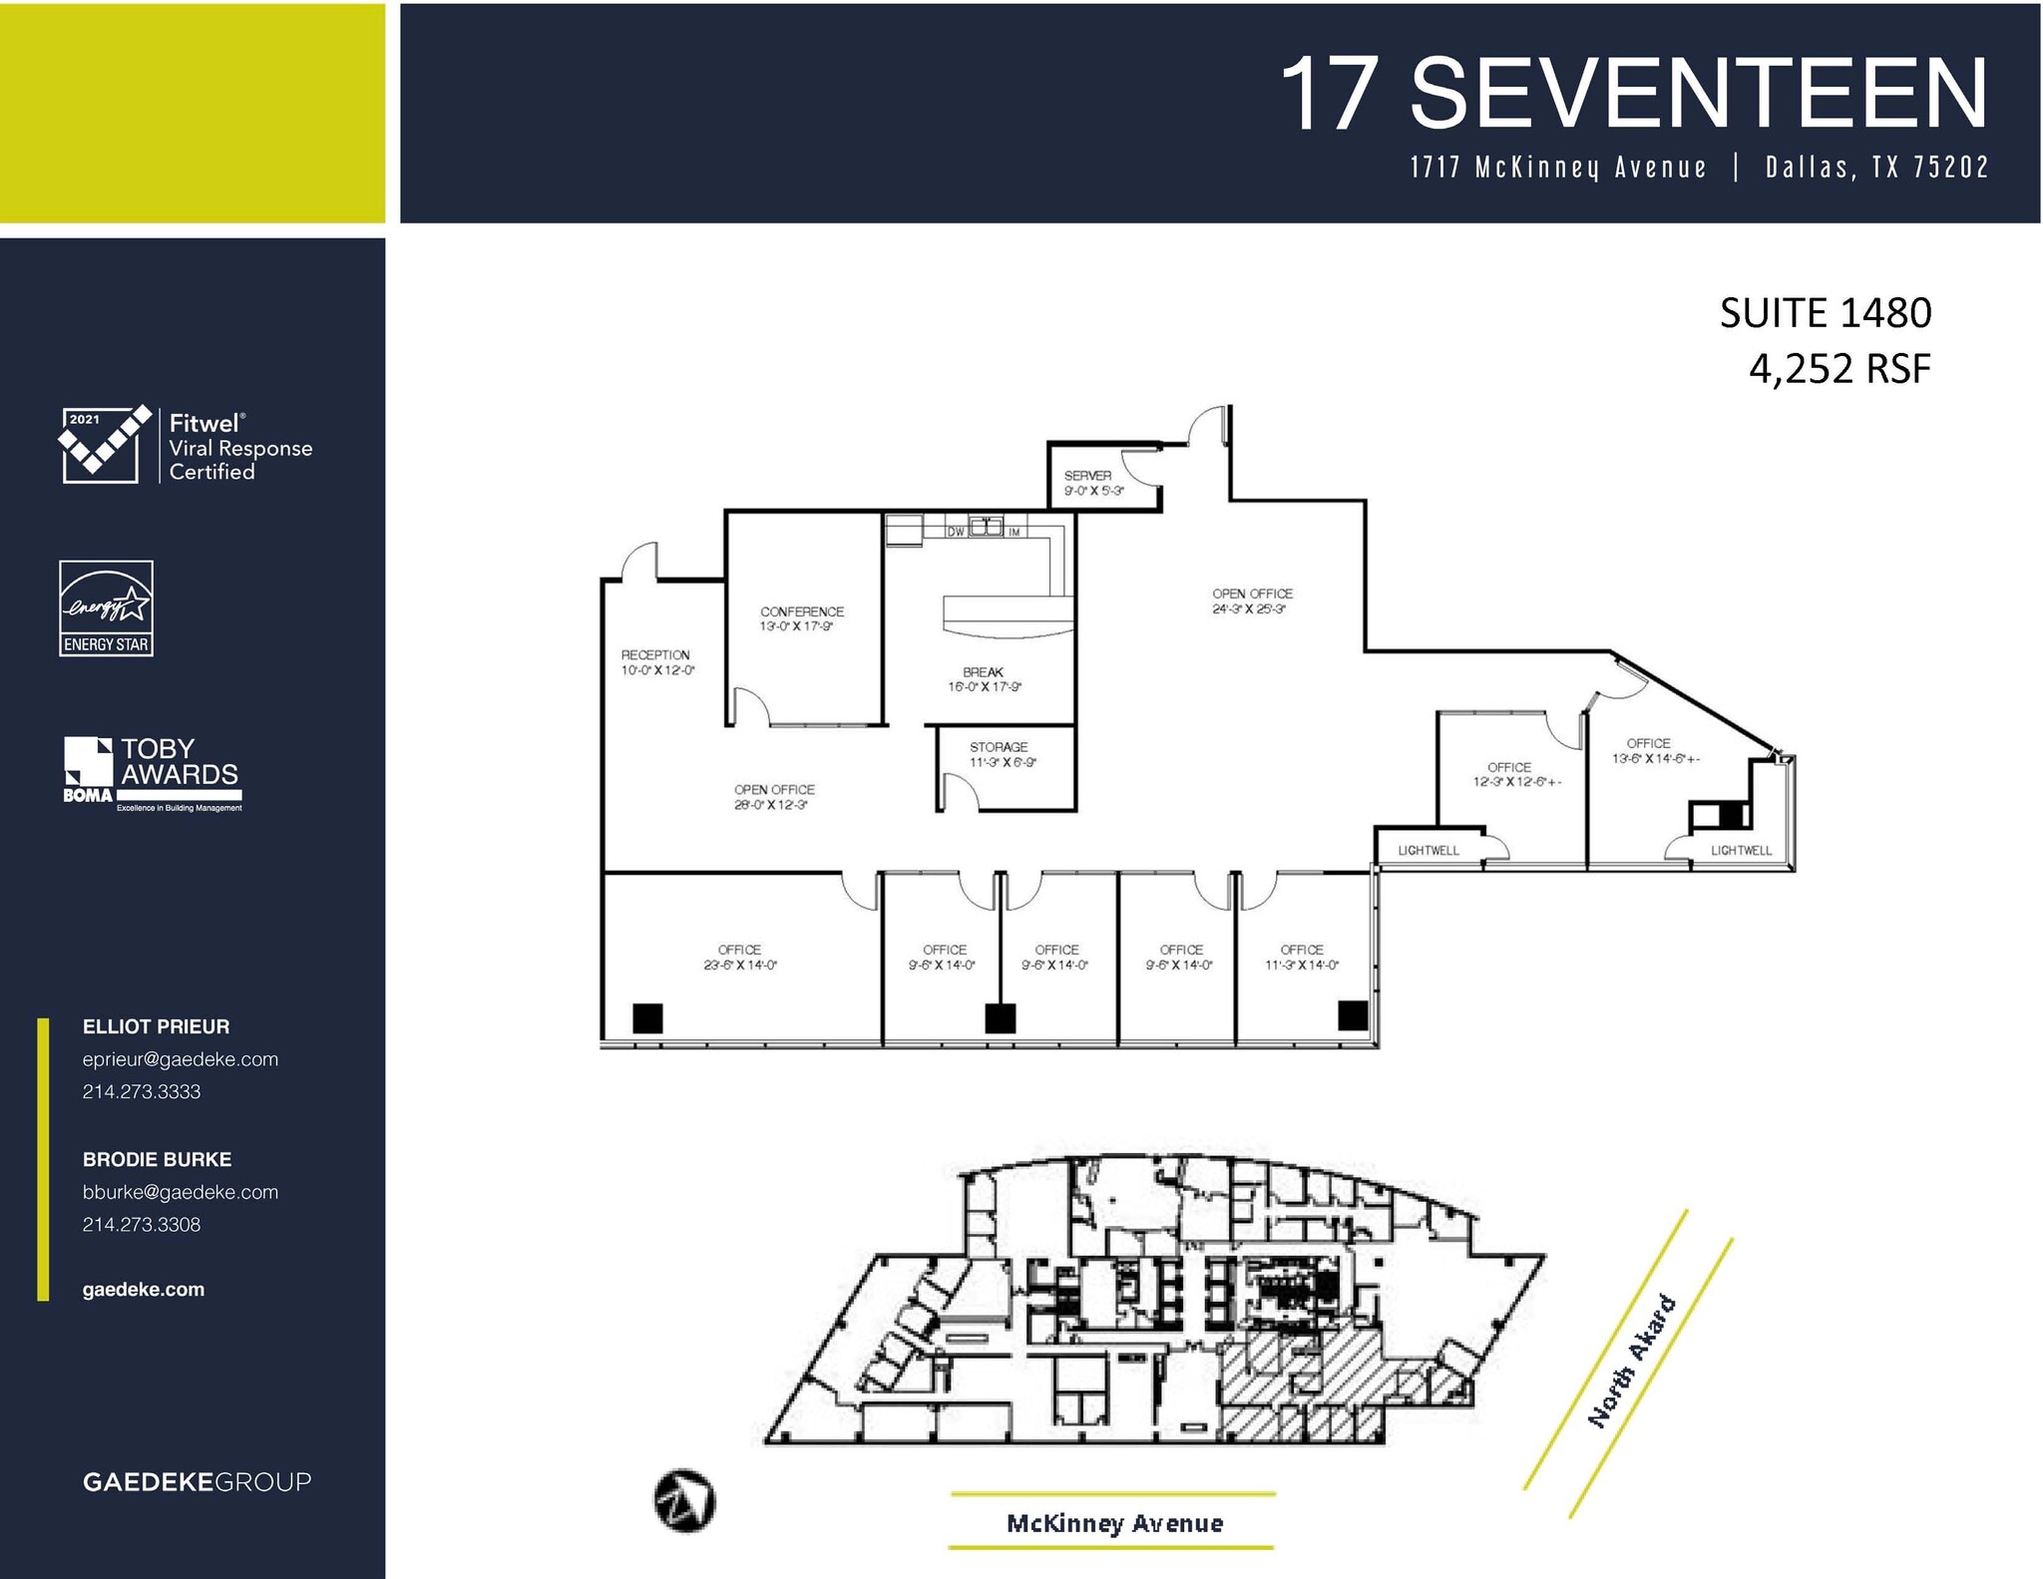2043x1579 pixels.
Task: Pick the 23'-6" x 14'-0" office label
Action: click(x=739, y=958)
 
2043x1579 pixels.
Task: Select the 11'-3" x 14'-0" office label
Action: click(x=1302, y=958)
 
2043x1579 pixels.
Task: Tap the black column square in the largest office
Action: click(x=647, y=1018)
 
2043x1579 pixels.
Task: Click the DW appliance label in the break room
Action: click(x=956, y=532)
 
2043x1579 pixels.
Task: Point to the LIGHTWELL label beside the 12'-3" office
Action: click(x=1429, y=850)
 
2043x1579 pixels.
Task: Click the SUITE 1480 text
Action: click(x=1825, y=313)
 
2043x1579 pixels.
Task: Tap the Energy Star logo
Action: click(x=107, y=607)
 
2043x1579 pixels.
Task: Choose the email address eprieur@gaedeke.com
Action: click(x=181, y=1059)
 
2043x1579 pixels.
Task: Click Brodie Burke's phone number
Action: click(x=142, y=1224)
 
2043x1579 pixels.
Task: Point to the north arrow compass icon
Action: click(x=684, y=1500)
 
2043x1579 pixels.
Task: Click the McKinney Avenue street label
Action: click(x=1114, y=1522)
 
